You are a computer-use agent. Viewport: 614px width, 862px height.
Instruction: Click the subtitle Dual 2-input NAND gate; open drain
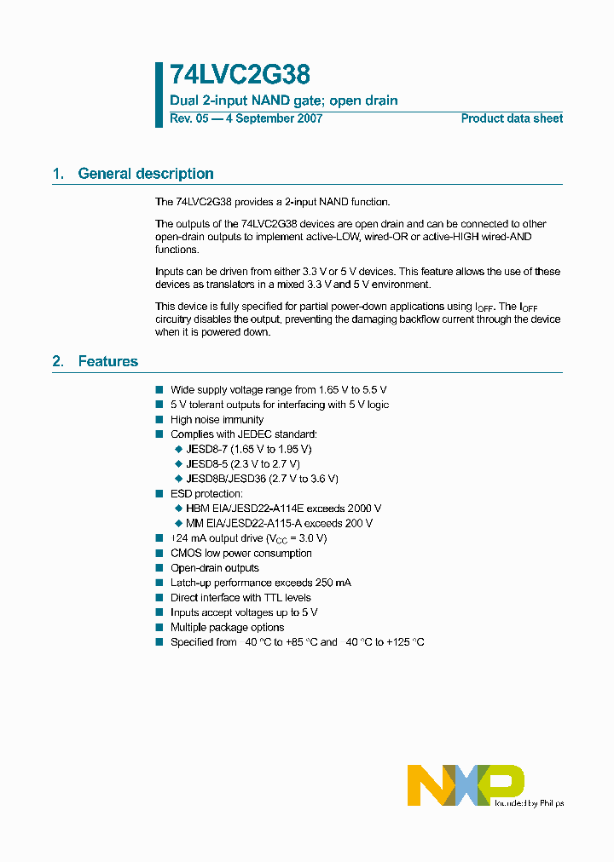point(283,101)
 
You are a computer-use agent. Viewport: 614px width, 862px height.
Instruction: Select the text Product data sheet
point(512,118)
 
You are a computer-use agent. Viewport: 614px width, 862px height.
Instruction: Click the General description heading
point(145,174)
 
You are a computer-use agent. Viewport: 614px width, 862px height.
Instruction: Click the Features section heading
point(107,361)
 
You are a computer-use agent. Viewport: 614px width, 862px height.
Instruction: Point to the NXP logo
point(466,784)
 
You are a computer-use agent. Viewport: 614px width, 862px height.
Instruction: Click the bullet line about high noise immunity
point(217,419)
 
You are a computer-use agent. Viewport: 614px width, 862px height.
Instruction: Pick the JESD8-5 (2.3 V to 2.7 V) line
point(242,463)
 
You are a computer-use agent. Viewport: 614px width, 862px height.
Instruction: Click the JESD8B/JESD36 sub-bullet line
point(262,479)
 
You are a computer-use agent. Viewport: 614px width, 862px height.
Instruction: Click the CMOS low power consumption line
point(240,553)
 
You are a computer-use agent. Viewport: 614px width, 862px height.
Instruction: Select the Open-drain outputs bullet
point(214,568)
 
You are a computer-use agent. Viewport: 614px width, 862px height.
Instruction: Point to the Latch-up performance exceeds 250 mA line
point(260,583)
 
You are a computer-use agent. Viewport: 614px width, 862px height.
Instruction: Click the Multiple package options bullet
point(227,627)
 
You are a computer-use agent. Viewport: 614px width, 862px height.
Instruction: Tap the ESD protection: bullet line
point(206,493)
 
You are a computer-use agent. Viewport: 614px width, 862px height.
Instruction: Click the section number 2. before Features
point(58,361)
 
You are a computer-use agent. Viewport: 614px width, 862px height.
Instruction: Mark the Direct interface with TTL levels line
point(240,597)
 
